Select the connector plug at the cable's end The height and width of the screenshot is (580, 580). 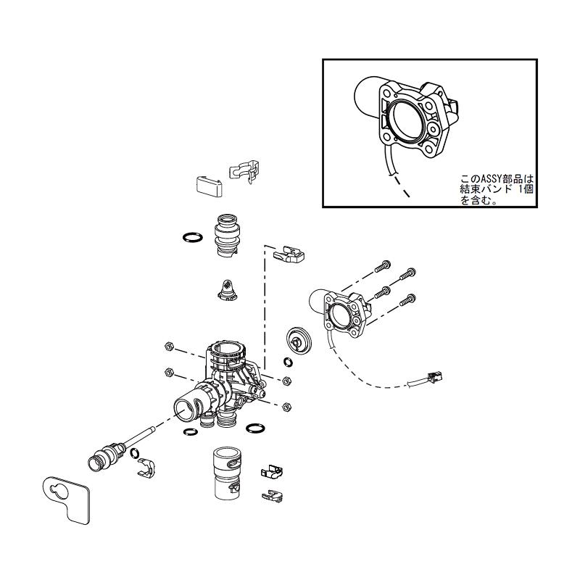coord(434,377)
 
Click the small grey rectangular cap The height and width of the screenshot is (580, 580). coord(208,183)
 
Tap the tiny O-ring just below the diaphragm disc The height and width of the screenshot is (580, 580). coord(288,362)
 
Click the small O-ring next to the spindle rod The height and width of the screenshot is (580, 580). coord(136,455)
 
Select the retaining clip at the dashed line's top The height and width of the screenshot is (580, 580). coord(290,253)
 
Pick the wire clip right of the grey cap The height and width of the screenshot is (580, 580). coord(244,170)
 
